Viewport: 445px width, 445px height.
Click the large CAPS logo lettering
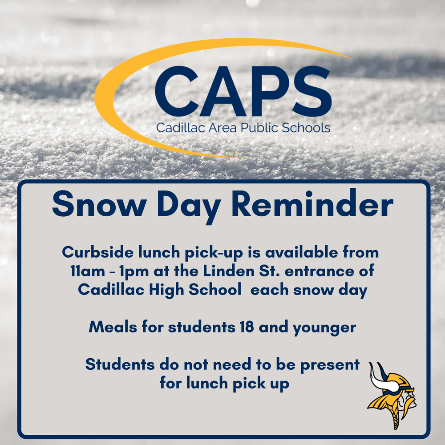click(243, 91)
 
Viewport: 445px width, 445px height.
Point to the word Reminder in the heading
click(312, 203)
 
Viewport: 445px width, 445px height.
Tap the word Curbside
click(97, 252)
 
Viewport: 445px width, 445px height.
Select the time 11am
click(88, 271)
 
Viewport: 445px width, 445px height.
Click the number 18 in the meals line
click(247, 327)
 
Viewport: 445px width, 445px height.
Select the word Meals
click(113, 327)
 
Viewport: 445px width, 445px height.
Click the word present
click(330, 365)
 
